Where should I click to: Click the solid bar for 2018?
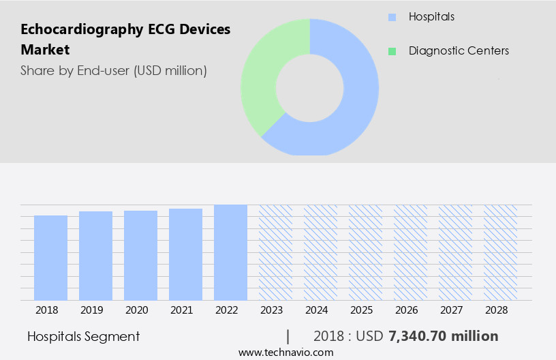tap(51, 258)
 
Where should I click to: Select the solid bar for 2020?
tap(141, 256)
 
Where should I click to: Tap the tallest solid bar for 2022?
tap(231, 252)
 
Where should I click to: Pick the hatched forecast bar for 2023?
tap(276, 252)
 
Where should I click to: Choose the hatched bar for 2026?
tap(411, 252)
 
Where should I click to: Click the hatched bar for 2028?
tap(501, 252)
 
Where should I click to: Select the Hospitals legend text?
tap(431, 16)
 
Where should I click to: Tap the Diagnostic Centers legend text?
tap(459, 51)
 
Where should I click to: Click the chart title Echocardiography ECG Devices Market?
tap(125, 39)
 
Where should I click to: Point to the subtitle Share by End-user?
tap(114, 70)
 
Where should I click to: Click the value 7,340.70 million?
tap(443, 336)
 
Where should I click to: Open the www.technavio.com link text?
tap(285, 352)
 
